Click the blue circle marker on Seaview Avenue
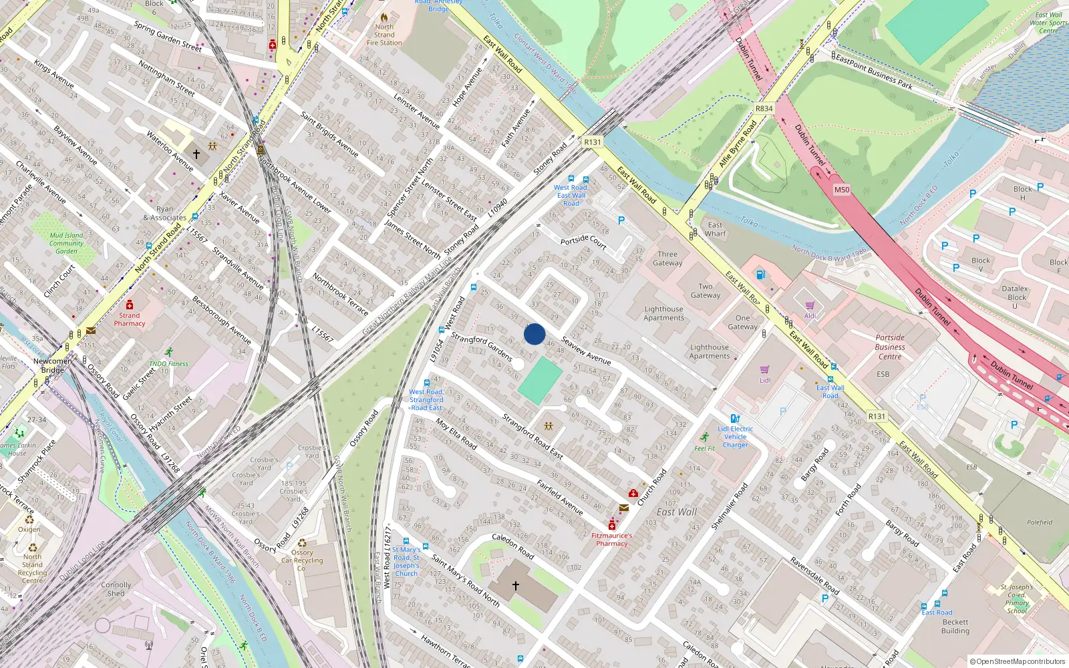click(534, 334)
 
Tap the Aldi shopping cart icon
click(810, 306)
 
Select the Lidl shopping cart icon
click(765, 369)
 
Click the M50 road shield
click(842, 190)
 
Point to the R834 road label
click(764, 108)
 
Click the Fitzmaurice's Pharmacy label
click(611, 539)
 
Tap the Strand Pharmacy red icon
click(130, 305)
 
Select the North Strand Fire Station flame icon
click(384, 17)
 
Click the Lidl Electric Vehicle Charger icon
click(735, 419)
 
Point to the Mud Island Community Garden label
click(66, 243)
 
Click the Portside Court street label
click(583, 241)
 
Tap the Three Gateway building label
click(667, 259)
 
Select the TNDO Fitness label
click(168, 364)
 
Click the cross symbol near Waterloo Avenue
click(196, 154)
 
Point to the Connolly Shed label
click(116, 589)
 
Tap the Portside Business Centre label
click(890, 347)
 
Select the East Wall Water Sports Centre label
click(1048, 23)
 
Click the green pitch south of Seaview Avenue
click(540, 380)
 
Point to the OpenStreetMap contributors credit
click(1018, 661)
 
